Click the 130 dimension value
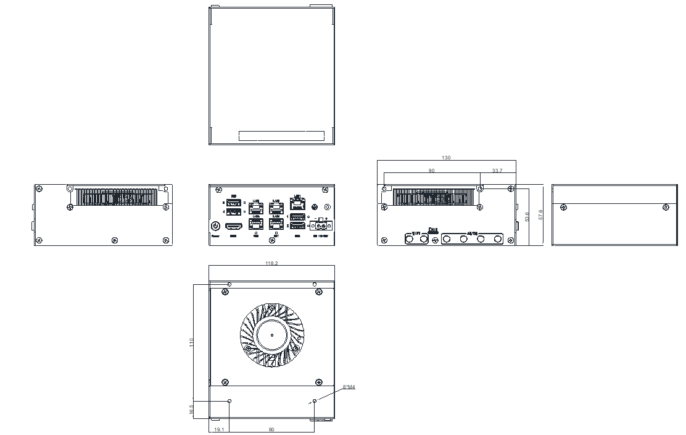[x=447, y=158]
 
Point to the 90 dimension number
[x=431, y=171]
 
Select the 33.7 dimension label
[x=497, y=171]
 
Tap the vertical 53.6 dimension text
[x=526, y=217]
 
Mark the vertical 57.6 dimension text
[x=540, y=215]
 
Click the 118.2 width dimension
[x=271, y=263]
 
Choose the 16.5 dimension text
[x=192, y=409]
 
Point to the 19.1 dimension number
[x=218, y=429]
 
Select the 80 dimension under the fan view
[x=271, y=429]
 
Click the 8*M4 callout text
[x=349, y=387]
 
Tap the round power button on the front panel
[x=216, y=227]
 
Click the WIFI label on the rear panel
[x=416, y=232]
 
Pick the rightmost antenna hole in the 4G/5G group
[x=497, y=239]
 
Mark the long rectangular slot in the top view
[x=281, y=137]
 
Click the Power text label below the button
[x=215, y=236]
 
